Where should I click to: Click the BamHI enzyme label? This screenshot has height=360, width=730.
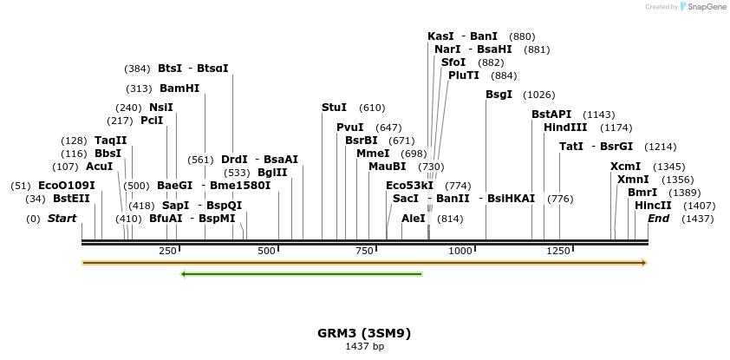[179, 88]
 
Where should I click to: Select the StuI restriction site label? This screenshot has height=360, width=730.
[334, 108]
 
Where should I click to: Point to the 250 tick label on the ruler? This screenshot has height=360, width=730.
[167, 251]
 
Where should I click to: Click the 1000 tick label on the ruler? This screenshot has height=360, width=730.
[461, 251]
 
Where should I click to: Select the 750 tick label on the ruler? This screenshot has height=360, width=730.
[363, 251]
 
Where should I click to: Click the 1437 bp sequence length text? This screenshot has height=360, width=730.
[364, 347]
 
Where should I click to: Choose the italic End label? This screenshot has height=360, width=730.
[658, 219]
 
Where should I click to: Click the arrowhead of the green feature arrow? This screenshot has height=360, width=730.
[184, 274]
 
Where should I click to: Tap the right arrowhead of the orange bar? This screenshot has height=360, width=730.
[643, 262]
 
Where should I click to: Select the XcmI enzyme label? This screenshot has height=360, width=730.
[625, 167]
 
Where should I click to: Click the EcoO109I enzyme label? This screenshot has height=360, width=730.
[67, 186]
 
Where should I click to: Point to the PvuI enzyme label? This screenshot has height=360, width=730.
[349, 128]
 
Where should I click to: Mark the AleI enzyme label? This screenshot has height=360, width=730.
[414, 219]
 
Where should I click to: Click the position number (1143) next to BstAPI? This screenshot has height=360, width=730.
[598, 115]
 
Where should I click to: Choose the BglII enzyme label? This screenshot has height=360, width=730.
[272, 173]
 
